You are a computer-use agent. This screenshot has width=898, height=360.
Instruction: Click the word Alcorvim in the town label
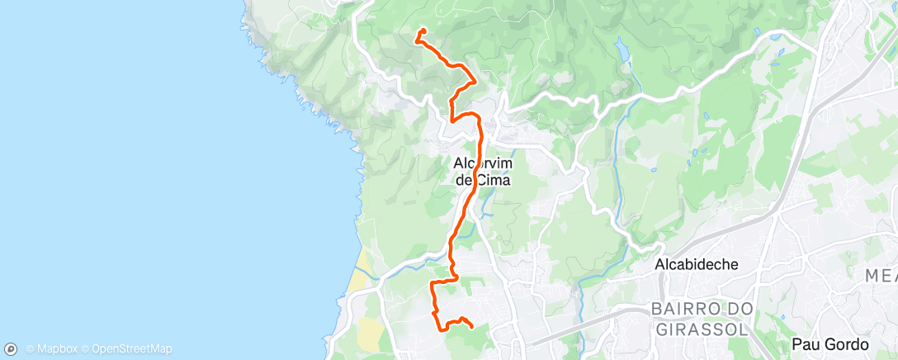(x=483, y=163)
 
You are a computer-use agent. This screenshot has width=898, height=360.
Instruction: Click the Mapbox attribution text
(x=56, y=349)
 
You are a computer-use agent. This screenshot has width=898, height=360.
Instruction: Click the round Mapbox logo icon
(x=12, y=349)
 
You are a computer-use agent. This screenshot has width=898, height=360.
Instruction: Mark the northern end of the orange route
(x=423, y=31)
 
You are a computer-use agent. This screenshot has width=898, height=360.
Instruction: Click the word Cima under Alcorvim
(x=493, y=178)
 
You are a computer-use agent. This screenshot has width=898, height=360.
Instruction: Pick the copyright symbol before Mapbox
(x=30, y=349)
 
